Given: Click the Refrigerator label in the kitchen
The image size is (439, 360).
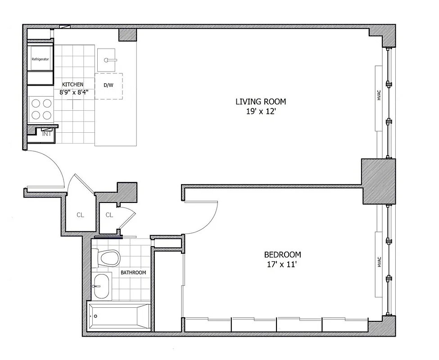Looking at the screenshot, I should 40,59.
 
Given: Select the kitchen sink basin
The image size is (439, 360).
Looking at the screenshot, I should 107,59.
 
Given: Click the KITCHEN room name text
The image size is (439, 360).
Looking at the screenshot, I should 72,85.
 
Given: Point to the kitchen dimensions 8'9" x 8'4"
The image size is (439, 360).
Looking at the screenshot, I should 74,92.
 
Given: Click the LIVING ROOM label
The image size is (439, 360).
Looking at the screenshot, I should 261,101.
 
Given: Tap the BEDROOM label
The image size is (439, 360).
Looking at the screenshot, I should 282,255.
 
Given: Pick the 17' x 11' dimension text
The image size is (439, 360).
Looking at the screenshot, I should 282,265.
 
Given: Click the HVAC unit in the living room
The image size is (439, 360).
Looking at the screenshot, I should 379,98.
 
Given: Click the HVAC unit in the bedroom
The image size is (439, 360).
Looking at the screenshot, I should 379,262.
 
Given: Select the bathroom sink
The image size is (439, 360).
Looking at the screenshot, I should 101,286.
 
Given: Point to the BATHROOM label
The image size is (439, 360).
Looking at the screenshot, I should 133,273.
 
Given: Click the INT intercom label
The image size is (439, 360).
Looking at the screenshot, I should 46,134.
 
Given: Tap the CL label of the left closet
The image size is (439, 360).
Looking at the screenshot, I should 80,215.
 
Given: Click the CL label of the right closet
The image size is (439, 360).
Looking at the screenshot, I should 109,215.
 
